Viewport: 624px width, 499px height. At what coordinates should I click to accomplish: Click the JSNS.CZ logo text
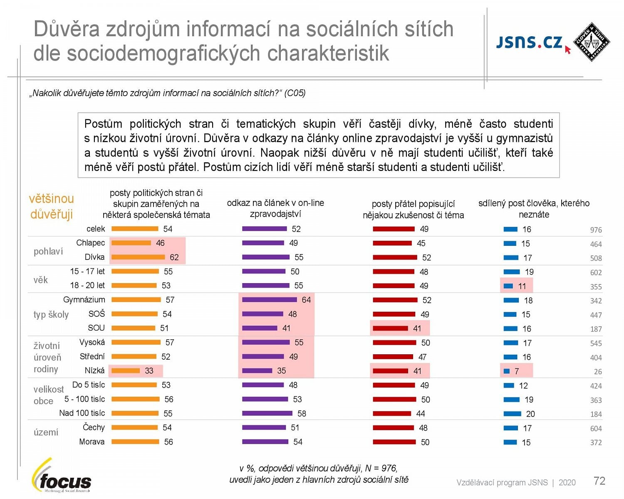(529, 42)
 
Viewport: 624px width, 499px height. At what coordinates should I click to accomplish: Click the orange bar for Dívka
(138, 257)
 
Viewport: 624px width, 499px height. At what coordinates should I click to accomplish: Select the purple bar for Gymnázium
(270, 300)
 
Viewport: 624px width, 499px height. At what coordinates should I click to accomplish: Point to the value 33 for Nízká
(149, 371)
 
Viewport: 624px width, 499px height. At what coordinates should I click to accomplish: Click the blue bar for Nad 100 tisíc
(512, 414)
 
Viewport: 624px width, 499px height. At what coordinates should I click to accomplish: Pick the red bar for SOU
(390, 329)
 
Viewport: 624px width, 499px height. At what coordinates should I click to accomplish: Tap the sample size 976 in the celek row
(596, 230)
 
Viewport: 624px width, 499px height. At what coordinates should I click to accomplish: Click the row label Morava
(92, 442)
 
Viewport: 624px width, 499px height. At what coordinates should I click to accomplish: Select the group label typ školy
(51, 314)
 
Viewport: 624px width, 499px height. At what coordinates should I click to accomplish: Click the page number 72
(599, 481)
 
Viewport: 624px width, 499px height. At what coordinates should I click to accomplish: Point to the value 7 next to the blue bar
(517, 371)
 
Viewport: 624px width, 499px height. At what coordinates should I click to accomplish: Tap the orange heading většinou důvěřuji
(51, 206)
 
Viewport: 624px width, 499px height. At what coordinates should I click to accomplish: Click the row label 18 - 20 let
(87, 285)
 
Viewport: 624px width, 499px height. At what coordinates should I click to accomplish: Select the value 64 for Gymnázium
(306, 300)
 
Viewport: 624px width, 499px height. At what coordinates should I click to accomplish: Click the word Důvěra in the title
(67, 29)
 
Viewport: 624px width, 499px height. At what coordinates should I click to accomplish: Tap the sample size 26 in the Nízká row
(598, 372)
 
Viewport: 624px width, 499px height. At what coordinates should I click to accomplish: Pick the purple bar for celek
(265, 229)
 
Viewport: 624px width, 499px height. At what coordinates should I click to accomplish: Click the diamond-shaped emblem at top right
(591, 42)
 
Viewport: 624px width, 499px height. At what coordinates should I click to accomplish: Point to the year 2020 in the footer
(567, 482)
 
